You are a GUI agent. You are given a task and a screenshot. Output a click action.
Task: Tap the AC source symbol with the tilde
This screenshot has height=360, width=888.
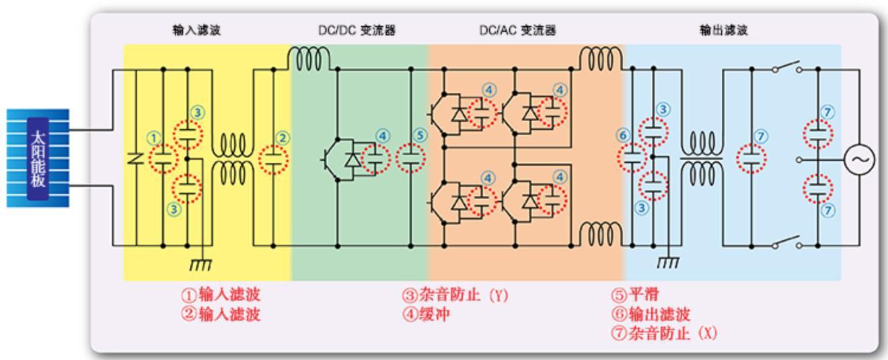point(860,160)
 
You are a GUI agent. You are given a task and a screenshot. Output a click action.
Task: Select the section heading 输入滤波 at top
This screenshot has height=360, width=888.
point(196,31)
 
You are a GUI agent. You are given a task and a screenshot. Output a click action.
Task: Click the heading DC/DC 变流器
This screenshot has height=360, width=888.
point(357,31)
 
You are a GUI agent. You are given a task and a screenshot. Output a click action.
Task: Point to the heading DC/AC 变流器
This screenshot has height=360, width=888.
point(517,31)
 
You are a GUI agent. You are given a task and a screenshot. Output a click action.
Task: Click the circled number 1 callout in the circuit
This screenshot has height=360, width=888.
point(154,139)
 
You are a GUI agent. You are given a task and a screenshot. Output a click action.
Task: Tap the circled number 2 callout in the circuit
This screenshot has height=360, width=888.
point(283,139)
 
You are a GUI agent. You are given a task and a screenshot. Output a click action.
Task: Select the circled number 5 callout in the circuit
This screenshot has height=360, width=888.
point(421,136)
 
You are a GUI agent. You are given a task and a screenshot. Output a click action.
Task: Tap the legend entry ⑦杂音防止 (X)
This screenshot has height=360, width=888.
point(664,334)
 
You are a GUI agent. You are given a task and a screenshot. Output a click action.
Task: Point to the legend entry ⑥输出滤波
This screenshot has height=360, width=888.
point(651,314)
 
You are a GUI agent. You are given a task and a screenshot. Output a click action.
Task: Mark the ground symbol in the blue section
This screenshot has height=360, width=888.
point(668,260)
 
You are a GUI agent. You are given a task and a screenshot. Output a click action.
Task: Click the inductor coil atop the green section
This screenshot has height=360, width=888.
point(309,59)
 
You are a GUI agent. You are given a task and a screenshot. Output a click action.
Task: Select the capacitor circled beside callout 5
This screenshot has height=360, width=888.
point(410,159)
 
